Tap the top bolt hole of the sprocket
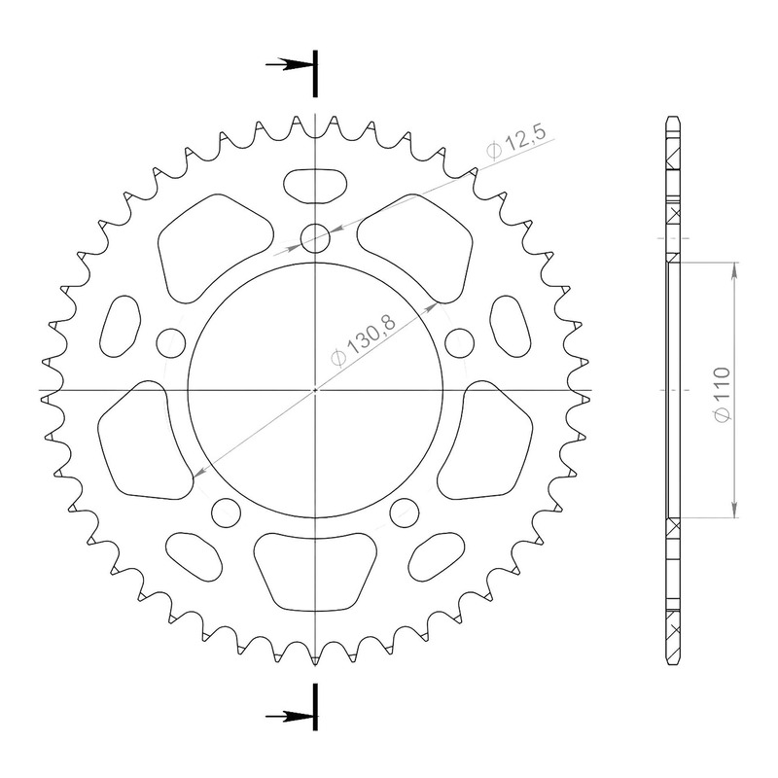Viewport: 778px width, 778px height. coord(315,238)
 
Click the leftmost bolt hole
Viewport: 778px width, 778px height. coord(171,342)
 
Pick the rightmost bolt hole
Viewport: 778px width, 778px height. coord(459,342)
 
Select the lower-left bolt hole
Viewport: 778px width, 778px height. coord(226,513)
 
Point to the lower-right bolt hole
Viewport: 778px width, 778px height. coord(405,513)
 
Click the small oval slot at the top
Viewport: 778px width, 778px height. coord(315,186)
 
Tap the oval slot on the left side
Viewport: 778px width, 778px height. coord(120,326)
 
